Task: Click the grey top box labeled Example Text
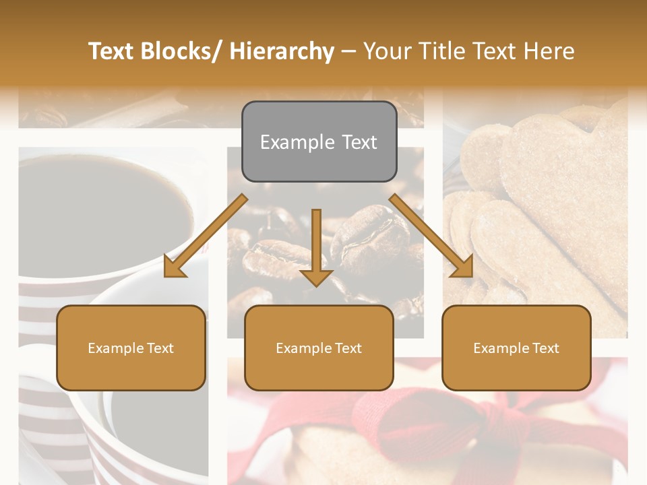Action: [x=319, y=141]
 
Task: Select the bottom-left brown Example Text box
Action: [x=131, y=348]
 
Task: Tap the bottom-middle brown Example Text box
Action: [x=319, y=348]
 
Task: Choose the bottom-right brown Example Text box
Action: [x=516, y=348]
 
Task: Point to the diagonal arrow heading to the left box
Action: [x=205, y=236]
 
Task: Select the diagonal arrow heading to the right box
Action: [x=431, y=236]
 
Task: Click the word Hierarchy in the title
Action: [x=281, y=51]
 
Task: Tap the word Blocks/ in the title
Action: [x=181, y=51]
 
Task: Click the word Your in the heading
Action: [x=387, y=51]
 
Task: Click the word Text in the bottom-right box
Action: [x=545, y=348]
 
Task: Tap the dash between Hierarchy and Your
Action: [x=348, y=52]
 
